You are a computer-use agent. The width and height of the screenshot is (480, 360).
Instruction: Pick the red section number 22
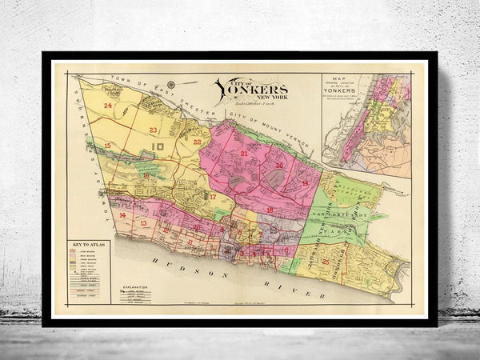(x=197, y=142)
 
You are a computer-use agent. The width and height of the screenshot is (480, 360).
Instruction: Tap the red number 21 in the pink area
(x=243, y=152)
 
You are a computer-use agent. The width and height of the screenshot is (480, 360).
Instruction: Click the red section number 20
(x=279, y=166)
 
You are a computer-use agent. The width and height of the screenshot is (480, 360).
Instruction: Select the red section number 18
(x=270, y=210)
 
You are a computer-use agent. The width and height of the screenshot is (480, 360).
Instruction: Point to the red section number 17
(x=213, y=196)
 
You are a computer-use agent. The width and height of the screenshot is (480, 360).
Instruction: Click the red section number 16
(x=146, y=174)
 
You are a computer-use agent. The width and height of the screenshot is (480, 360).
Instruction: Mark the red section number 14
(x=122, y=215)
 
